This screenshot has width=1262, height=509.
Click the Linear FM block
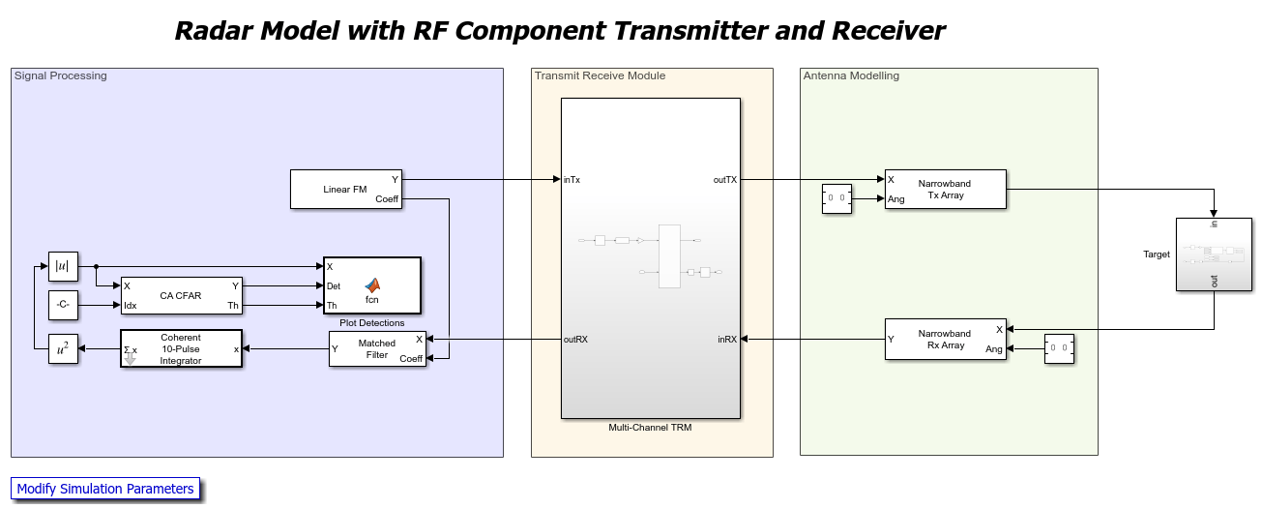(345, 189)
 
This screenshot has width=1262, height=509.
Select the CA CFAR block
(181, 295)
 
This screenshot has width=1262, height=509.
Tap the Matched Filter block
(377, 348)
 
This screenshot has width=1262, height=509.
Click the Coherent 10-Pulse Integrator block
(181, 348)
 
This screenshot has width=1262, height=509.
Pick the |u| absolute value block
(62, 266)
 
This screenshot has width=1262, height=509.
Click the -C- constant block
(62, 305)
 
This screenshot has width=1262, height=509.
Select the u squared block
(62, 349)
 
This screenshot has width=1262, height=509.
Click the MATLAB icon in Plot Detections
(372, 284)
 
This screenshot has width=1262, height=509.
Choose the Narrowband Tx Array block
(945, 189)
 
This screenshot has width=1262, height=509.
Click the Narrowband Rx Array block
(945, 339)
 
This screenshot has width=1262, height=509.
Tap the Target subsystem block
(1213, 254)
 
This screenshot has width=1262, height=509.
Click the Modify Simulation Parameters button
(105, 489)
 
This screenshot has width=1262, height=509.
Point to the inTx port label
(572, 179)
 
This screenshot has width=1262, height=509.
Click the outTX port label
(725, 179)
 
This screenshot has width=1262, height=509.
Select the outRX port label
(575, 339)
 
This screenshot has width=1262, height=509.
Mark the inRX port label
(727, 339)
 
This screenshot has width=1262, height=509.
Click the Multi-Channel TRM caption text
(650, 427)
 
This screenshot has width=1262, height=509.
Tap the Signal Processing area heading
(60, 75)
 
